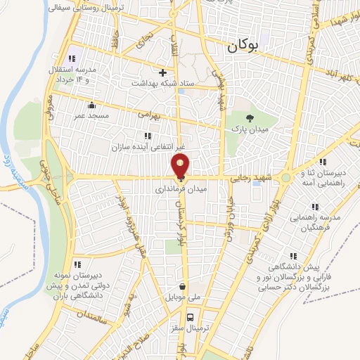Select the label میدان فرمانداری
point(181,190)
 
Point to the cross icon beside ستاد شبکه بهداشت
point(162,72)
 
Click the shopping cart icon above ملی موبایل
point(183,287)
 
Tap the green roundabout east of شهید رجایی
point(285,178)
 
